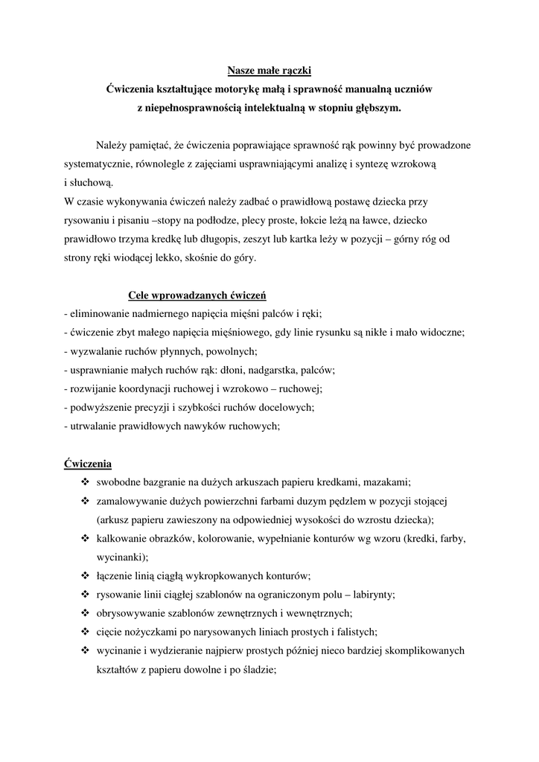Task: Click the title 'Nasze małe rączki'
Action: tap(269, 71)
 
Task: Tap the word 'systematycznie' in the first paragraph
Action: tap(99, 163)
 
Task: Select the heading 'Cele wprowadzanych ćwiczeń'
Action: tap(197, 295)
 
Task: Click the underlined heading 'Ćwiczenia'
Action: tap(88, 463)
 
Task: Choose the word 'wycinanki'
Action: tap(121, 557)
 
